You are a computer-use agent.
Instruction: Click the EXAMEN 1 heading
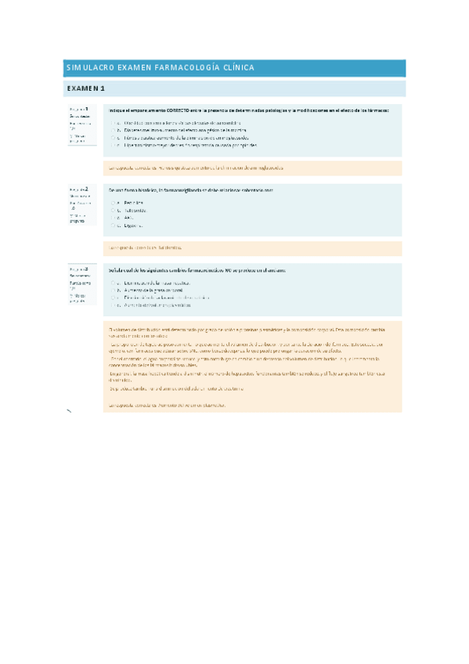point(86,88)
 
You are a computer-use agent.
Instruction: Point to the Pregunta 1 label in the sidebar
point(78,109)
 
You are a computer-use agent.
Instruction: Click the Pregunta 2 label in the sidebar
point(78,189)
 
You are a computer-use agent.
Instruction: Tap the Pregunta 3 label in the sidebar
point(78,269)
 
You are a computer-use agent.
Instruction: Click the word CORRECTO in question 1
point(181,110)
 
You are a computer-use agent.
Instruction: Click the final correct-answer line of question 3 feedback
point(168,405)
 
